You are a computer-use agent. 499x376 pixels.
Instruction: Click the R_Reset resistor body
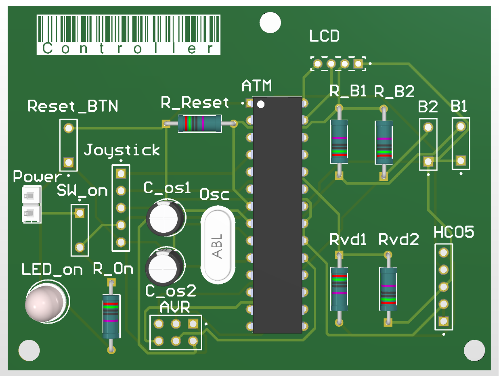click(x=199, y=123)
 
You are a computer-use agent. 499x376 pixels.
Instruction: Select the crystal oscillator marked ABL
click(x=218, y=246)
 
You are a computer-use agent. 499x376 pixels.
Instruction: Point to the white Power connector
click(x=31, y=204)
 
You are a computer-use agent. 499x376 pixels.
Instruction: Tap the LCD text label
click(x=325, y=37)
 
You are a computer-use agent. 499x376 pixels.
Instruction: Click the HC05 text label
click(x=454, y=233)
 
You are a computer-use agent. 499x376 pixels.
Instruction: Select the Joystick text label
click(x=122, y=150)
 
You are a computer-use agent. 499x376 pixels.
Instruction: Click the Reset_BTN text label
click(x=73, y=107)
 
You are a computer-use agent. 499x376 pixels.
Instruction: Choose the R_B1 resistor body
click(x=339, y=142)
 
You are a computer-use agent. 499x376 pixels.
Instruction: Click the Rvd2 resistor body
click(x=388, y=288)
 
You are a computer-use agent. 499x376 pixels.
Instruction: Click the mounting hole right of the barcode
click(x=270, y=23)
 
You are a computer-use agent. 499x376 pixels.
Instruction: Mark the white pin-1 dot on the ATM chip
click(x=261, y=105)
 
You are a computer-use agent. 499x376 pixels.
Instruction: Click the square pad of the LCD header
click(x=358, y=63)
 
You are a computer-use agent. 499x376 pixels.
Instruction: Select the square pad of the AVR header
click(x=193, y=324)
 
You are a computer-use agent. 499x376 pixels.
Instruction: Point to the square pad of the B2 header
click(x=428, y=162)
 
